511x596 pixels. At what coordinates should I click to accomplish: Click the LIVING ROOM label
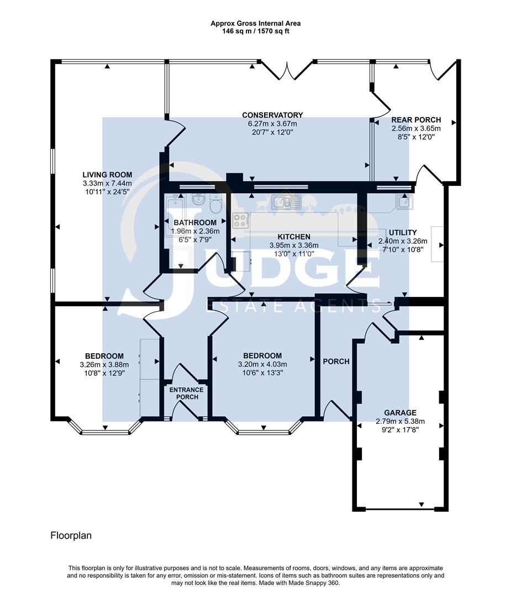click(107, 174)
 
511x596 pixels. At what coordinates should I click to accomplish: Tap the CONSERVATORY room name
click(272, 115)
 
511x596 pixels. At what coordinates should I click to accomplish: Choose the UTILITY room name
click(402, 232)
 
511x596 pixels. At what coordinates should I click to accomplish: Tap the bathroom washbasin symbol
click(198, 199)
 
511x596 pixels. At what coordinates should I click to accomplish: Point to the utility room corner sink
click(405, 203)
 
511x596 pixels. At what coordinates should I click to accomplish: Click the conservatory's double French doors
click(286, 71)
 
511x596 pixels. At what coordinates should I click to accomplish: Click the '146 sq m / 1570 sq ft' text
click(255, 31)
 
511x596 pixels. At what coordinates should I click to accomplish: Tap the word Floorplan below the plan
click(71, 535)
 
